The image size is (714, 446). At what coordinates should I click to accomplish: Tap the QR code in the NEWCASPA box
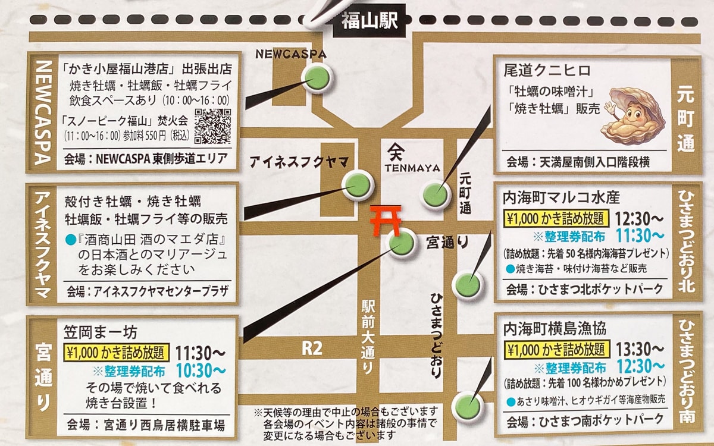[x=212, y=125]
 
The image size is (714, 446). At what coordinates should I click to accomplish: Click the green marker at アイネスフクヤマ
[x=358, y=185]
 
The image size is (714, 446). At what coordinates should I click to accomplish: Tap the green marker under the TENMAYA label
[x=436, y=194]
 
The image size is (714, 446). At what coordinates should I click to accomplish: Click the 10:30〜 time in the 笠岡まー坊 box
[x=201, y=370]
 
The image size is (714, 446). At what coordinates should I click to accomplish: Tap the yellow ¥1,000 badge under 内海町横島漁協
[x=555, y=348]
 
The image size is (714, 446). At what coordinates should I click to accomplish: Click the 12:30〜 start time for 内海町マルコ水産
[x=640, y=218]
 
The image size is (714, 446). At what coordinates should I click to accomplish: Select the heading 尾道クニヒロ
[x=547, y=70]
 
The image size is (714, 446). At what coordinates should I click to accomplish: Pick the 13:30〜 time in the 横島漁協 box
[x=640, y=348]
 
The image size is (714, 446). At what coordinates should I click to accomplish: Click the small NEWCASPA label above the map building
[x=291, y=54]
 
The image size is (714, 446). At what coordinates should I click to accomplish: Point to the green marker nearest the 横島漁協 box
[x=468, y=407]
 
